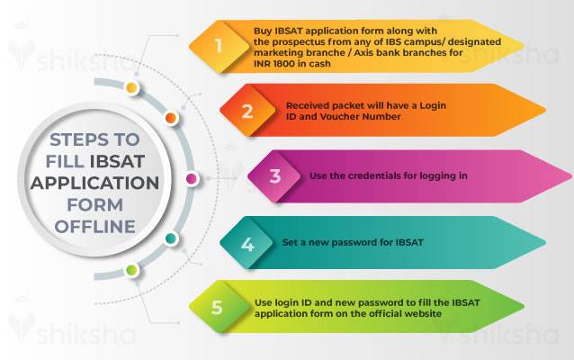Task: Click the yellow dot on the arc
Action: tap(131, 88)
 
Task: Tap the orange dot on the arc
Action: tap(171, 118)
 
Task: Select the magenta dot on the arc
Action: tap(191, 179)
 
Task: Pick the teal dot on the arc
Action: tap(170, 238)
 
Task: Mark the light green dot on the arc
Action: tap(131, 269)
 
